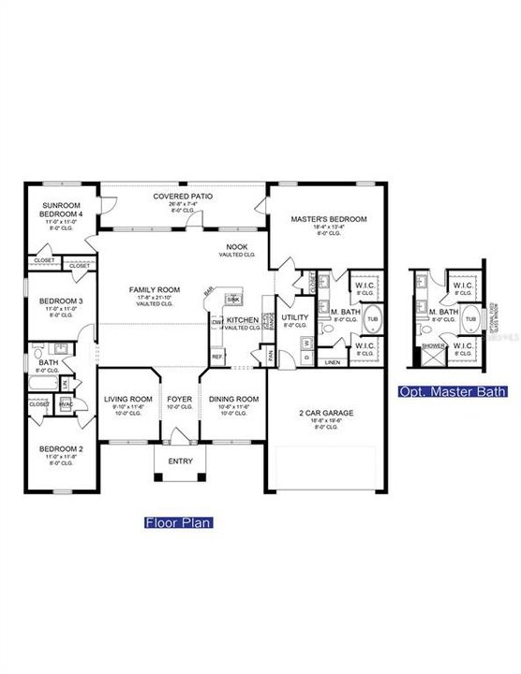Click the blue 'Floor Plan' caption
(177, 523)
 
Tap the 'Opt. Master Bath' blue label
(454, 391)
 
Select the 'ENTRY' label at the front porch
(179, 461)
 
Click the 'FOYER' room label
(179, 399)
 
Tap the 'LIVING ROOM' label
(128, 399)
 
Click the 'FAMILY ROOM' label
(155, 290)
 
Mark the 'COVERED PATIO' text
(183, 197)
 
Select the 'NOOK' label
(236, 246)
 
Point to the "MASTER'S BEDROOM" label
(328, 219)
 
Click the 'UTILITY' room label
(295, 317)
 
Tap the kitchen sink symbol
(232, 299)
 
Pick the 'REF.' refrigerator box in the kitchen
(217, 357)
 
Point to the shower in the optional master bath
(434, 344)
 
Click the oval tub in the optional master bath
(469, 319)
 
